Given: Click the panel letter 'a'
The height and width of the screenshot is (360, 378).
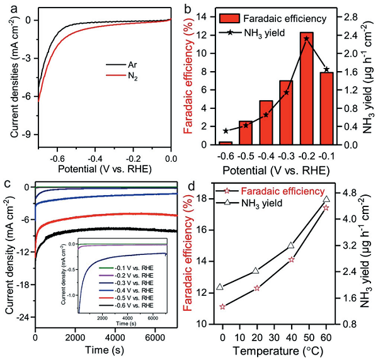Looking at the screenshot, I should click(x=8, y=8).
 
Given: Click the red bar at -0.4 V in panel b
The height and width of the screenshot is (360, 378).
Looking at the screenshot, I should click(x=266, y=123).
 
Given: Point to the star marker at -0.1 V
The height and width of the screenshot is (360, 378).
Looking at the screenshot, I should click(x=326, y=69).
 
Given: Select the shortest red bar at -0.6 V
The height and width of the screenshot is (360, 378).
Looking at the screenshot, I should click(x=225, y=143).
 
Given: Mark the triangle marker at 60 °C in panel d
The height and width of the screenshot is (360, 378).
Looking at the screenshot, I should click(x=326, y=199).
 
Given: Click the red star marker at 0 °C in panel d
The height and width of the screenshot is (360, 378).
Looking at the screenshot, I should click(x=223, y=307).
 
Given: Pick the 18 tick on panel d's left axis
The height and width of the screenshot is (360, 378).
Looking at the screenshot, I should click(x=204, y=198).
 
